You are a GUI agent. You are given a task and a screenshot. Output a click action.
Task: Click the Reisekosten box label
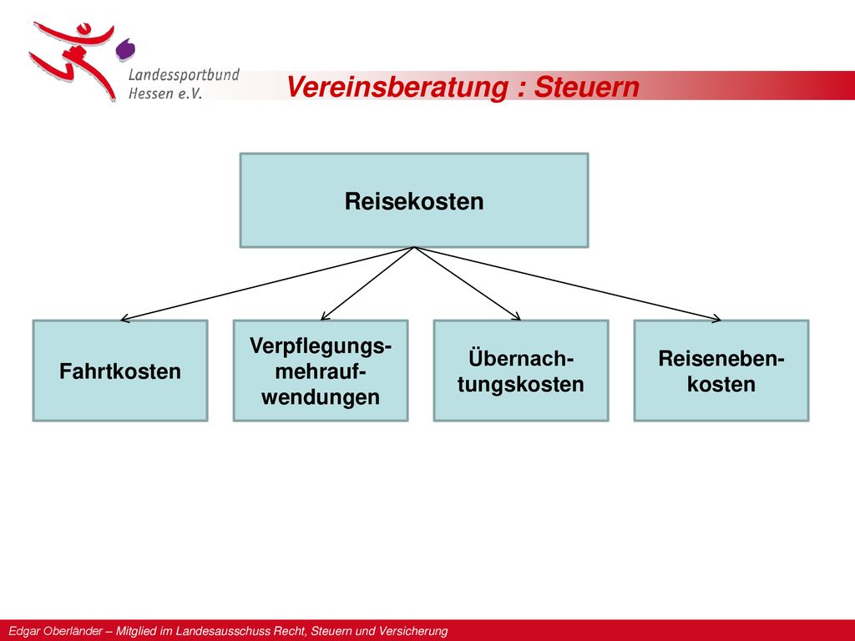(414, 201)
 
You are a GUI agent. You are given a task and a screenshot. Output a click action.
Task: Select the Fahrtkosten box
(120, 371)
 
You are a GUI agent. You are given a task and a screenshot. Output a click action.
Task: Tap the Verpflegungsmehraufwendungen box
(321, 371)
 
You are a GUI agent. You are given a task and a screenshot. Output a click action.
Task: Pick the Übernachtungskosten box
(521, 371)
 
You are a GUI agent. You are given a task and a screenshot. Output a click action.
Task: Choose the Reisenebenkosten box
(721, 371)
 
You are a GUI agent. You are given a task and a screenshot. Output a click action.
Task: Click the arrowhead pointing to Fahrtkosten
(124, 318)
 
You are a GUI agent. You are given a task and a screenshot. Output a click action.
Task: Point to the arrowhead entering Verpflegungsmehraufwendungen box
(325, 316)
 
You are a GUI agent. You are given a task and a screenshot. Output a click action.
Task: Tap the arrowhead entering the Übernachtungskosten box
(516, 316)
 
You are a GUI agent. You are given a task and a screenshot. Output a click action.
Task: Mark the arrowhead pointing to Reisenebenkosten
(716, 318)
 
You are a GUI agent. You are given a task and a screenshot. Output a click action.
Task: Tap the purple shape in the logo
(125, 49)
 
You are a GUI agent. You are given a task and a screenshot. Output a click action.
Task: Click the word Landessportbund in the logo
(184, 74)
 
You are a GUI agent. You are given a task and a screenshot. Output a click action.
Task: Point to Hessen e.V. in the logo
(165, 93)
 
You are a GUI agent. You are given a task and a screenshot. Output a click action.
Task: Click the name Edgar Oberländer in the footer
(55, 631)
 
